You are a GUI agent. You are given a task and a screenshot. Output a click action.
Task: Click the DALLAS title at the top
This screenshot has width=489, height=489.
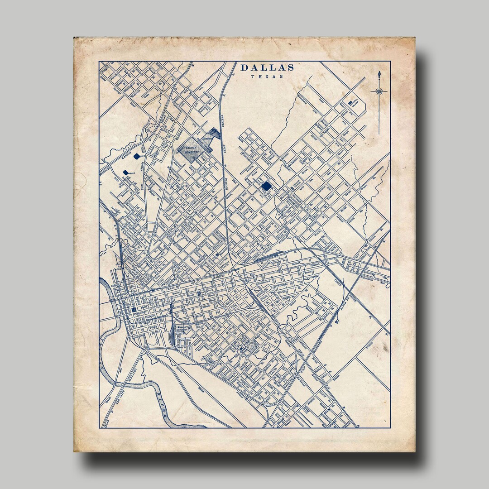pos(267,68)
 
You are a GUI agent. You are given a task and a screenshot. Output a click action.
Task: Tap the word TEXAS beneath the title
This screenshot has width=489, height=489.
pos(267,77)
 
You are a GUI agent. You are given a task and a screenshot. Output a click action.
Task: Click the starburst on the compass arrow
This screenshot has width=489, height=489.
pos(379,91)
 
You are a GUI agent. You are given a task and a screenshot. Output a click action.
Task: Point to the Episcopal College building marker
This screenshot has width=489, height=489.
pos(351,103)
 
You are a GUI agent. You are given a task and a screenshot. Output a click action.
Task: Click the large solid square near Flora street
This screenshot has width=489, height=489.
pos(266,186)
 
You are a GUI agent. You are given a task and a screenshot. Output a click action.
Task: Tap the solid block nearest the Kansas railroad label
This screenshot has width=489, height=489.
pos(137,156)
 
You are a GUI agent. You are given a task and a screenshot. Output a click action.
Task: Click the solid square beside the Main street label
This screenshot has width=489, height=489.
pos(134,309)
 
